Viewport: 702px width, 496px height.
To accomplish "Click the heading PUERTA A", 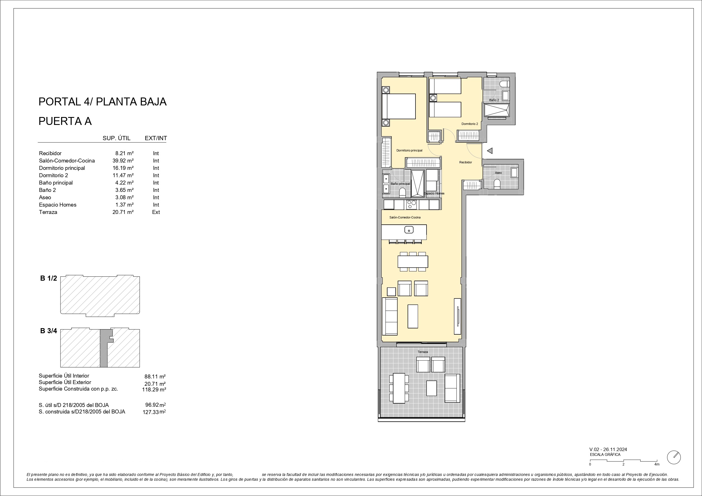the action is click(65, 121).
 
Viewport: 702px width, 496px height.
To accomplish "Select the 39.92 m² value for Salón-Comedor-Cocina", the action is click(123, 161).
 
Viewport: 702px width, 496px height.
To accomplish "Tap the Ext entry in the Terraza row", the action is click(156, 212).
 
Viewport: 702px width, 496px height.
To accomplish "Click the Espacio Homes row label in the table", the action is click(57, 205).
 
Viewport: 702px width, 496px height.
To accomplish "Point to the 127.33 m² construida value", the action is click(154, 412).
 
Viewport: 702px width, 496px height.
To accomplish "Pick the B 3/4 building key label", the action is click(49, 331).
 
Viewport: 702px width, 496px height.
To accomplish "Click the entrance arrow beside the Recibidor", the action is click(490, 151).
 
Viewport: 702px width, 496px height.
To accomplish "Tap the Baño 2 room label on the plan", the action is click(494, 100).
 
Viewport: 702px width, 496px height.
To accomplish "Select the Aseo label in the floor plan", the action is click(498, 173).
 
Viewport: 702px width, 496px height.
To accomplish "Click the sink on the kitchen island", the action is click(409, 229).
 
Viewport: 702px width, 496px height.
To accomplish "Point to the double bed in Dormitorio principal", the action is click(399, 106).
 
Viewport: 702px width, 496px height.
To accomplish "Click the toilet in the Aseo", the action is click(497, 184).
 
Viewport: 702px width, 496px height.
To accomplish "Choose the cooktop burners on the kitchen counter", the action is click(412, 204).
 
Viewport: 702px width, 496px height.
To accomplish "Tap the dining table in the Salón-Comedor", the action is click(413, 262).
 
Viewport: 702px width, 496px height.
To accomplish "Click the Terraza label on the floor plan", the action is click(423, 352).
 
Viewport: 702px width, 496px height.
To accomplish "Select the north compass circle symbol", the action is click(673, 458).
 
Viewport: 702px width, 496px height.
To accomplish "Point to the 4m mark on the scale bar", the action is click(657, 465).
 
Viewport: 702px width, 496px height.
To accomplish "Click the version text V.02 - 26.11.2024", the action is click(608, 449).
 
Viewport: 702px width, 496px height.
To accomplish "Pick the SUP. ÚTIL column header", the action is click(117, 138).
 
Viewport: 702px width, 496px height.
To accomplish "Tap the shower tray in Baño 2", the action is click(497, 110).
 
